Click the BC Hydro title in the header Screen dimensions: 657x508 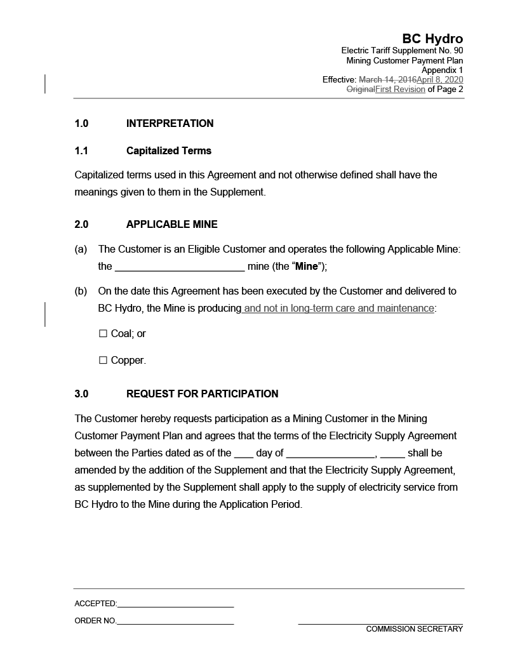click(432, 39)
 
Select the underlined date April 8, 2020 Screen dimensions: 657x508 click(439, 80)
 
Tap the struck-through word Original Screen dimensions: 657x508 click(360, 90)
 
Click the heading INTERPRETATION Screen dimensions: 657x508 click(170, 123)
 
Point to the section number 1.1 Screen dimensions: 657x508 click(81, 151)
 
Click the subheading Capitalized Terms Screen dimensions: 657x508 click(169, 151)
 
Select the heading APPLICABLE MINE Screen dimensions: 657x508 click(171, 224)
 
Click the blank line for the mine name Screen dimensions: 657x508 click(180, 267)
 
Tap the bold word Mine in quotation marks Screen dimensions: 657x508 click(306, 267)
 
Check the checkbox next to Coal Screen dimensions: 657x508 click(104, 334)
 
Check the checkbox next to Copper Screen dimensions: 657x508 click(104, 361)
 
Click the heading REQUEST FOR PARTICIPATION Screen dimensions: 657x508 click(202, 394)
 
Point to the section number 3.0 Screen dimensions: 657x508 click(81, 394)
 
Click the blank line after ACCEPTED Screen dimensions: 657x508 click(175, 604)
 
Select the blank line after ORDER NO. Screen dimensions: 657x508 click(175, 621)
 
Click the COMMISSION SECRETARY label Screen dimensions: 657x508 click(414, 629)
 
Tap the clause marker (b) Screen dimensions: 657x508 click(81, 291)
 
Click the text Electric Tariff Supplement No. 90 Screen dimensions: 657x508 click(402, 51)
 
